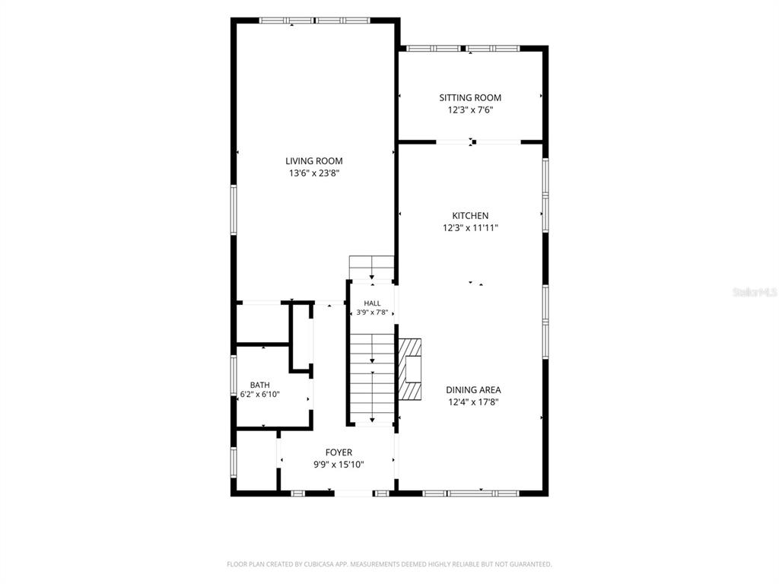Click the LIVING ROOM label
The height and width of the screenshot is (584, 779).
pos(314,161)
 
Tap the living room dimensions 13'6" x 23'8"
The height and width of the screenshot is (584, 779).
pos(314,173)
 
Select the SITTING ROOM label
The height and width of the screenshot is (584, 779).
pos(470,98)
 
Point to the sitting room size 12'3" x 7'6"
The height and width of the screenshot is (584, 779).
pos(470,110)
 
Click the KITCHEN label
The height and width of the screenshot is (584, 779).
pos(470,215)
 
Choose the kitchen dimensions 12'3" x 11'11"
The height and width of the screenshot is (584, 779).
pos(470,228)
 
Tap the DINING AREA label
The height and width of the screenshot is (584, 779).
pos(473,390)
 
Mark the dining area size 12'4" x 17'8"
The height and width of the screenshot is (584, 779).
pos(473,402)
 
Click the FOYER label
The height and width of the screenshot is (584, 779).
pos(339,452)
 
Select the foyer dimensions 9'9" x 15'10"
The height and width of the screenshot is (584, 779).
pos(339,465)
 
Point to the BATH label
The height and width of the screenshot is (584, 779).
pos(260,385)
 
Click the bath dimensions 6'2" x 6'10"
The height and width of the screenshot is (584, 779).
pos(260,395)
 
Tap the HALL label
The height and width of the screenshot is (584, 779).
pos(372,303)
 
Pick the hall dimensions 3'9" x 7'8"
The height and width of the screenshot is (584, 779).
pos(372,313)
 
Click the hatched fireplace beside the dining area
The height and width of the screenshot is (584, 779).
pos(410,369)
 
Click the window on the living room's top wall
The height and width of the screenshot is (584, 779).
pos(315,21)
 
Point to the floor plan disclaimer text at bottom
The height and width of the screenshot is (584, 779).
pos(389,564)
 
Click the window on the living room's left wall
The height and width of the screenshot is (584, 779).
pos(234,210)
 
